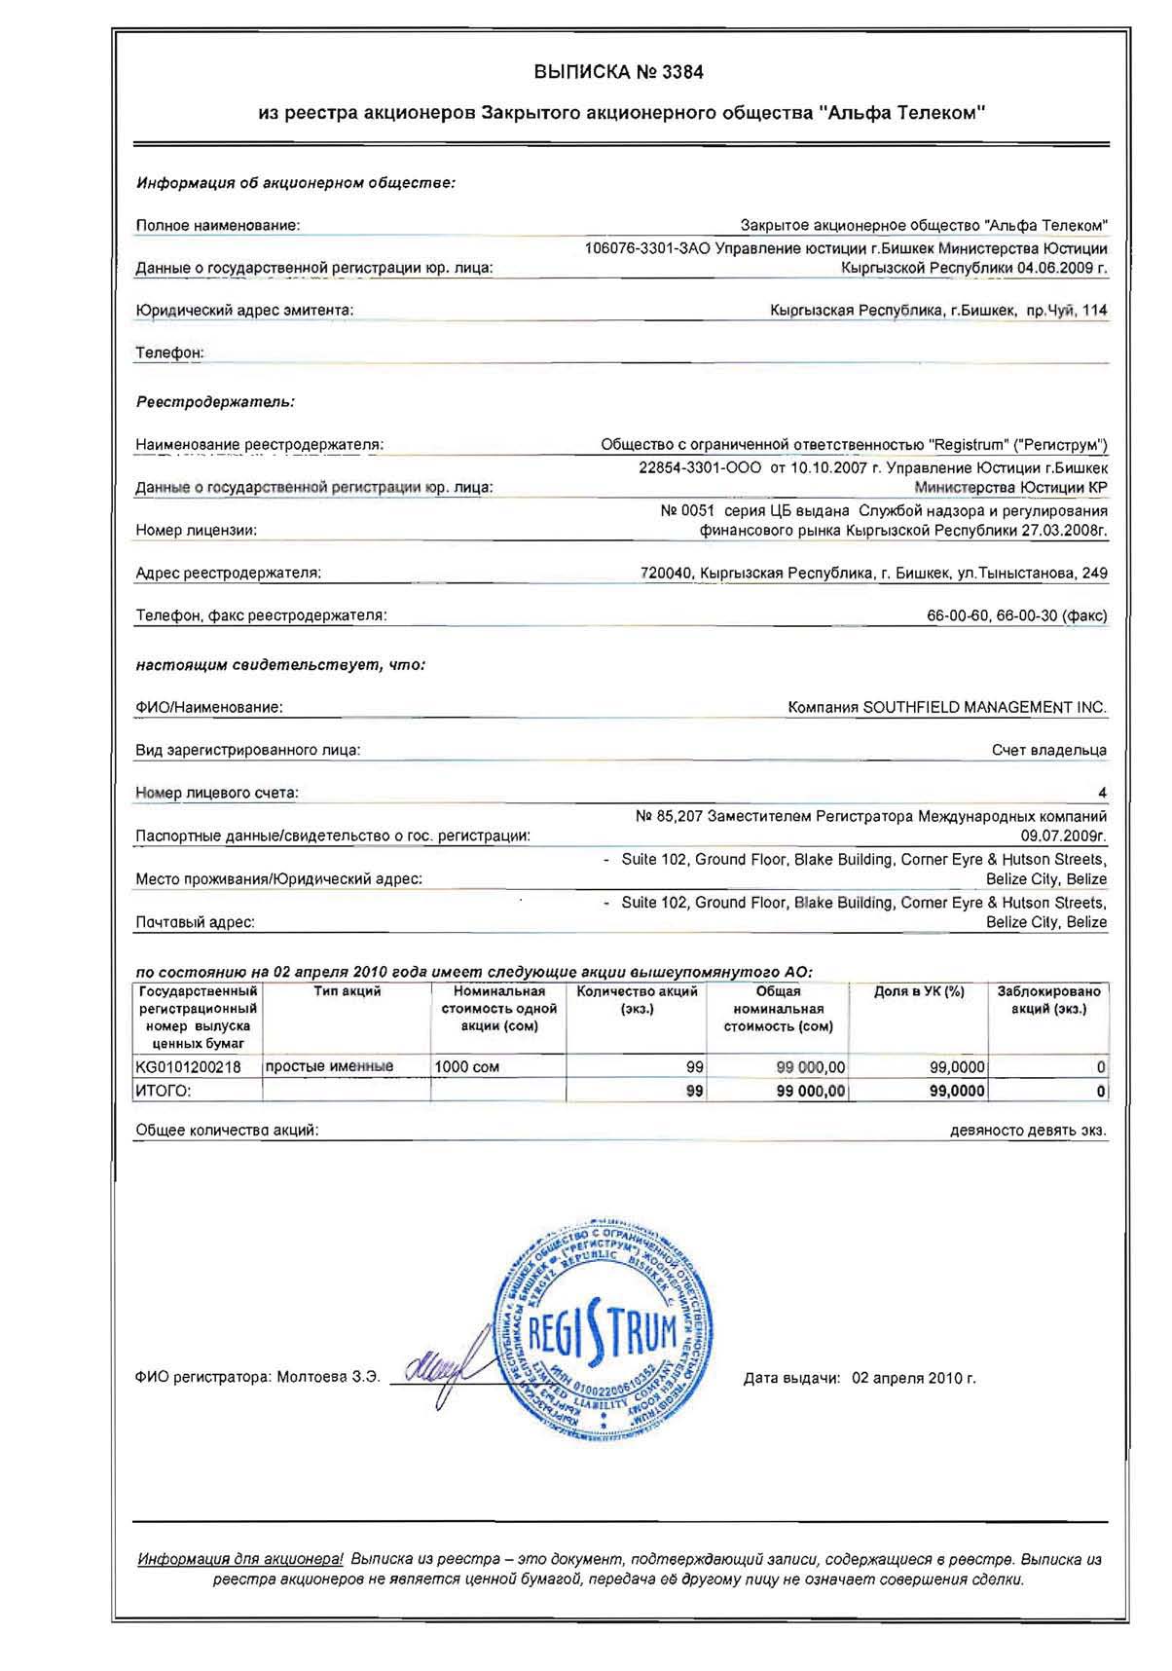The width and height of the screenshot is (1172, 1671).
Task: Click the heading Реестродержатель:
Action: click(215, 401)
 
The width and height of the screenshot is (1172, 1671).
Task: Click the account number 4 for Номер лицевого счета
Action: click(1102, 793)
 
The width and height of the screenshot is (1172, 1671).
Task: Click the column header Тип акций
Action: click(347, 991)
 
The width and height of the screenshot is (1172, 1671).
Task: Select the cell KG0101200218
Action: click(189, 1066)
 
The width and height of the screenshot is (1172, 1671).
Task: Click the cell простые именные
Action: click(329, 1066)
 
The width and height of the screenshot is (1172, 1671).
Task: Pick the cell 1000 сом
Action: click(467, 1067)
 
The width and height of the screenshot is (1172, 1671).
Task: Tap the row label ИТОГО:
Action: click(164, 1092)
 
